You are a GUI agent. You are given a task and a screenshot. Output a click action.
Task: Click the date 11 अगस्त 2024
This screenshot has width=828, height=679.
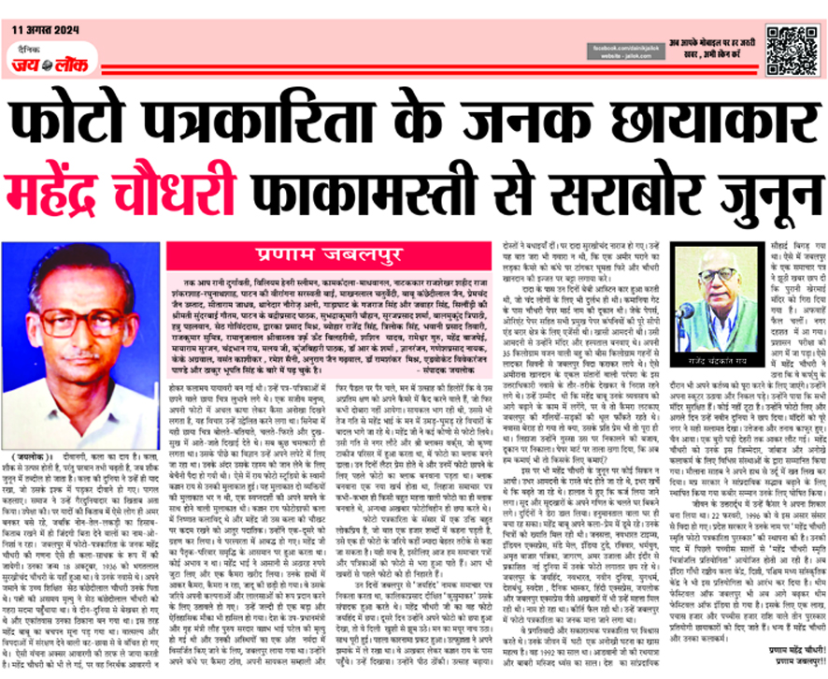(x=44, y=31)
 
